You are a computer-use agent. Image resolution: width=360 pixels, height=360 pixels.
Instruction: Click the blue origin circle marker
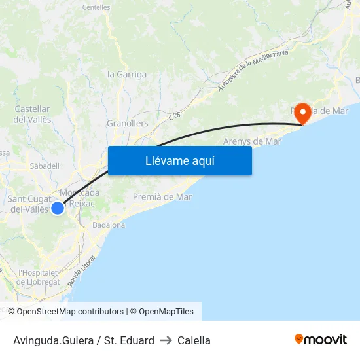pyautogui.click(x=58, y=207)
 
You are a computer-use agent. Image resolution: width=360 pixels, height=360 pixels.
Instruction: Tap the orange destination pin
pyautogui.click(x=302, y=113)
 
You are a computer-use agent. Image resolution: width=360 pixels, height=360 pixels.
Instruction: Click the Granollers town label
pyautogui.click(x=127, y=123)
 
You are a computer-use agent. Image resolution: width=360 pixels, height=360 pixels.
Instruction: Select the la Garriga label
pyautogui.click(x=127, y=74)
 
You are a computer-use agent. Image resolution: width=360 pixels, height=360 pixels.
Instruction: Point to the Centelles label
pyautogui.click(x=96, y=7)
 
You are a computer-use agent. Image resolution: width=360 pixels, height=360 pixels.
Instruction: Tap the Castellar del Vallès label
pyautogui.click(x=32, y=114)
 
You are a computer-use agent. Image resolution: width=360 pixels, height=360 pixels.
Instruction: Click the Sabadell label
pyautogui.click(x=45, y=166)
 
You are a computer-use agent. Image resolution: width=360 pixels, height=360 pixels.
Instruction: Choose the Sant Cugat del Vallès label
pyautogui.click(x=28, y=204)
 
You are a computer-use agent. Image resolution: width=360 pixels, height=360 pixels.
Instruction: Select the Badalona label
pyautogui.click(x=109, y=225)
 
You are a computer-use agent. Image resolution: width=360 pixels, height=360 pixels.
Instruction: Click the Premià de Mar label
pyautogui.click(x=162, y=196)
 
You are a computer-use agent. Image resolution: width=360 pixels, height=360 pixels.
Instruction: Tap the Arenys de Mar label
pyautogui.click(x=252, y=141)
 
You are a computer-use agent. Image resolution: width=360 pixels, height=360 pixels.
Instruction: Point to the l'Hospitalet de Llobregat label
pyautogui.click(x=39, y=277)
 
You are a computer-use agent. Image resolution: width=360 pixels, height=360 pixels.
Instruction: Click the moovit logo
pyautogui.click(x=320, y=340)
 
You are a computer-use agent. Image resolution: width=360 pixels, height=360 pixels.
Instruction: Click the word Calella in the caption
pyautogui.click(x=194, y=340)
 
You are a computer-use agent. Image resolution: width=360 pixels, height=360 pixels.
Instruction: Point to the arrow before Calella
pyautogui.click(x=166, y=340)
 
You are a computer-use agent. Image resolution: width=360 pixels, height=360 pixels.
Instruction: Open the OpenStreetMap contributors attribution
pyautogui.click(x=70, y=312)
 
